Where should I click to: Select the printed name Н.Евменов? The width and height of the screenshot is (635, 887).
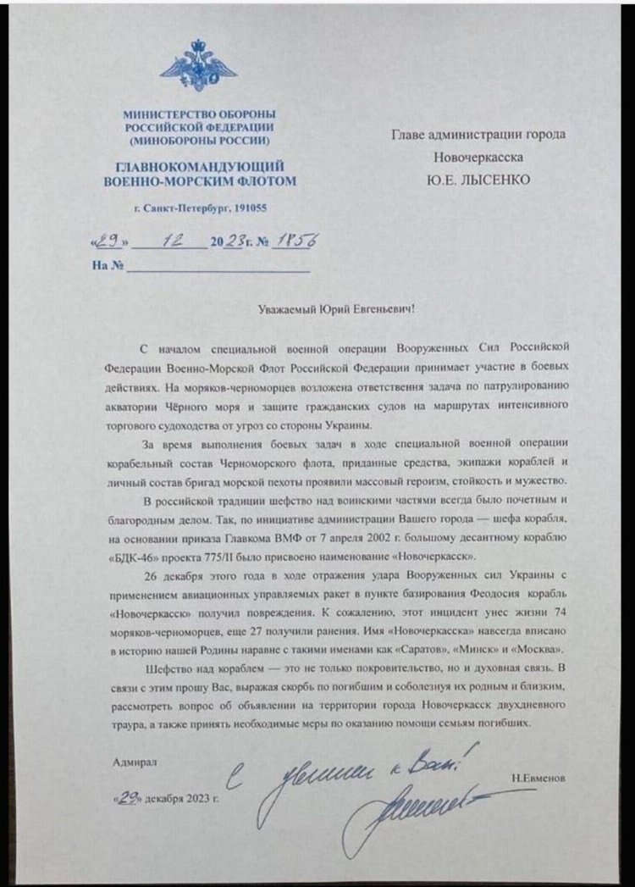(x=538, y=776)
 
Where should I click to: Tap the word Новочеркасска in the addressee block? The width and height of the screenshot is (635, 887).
(x=478, y=157)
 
